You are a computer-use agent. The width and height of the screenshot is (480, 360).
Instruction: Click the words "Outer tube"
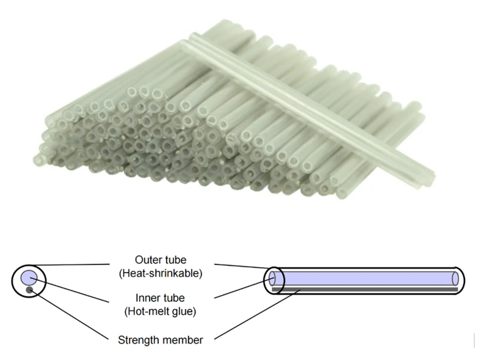160,260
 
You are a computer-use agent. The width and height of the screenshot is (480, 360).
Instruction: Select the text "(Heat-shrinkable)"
160,274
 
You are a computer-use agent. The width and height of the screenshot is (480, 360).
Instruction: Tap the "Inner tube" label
160,298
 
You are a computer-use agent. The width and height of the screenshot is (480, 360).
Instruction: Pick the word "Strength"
142,340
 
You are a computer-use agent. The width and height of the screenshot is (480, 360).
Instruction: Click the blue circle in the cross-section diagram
29,278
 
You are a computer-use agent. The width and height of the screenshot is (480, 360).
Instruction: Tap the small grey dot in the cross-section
28,291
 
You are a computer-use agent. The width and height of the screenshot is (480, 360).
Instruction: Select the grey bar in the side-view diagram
366,289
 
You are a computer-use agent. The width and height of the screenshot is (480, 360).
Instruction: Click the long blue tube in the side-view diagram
366,278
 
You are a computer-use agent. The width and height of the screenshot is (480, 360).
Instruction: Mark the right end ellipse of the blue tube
456,278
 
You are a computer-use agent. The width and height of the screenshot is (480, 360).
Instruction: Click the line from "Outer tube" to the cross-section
72,264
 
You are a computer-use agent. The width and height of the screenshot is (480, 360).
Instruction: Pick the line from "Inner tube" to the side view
243,288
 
